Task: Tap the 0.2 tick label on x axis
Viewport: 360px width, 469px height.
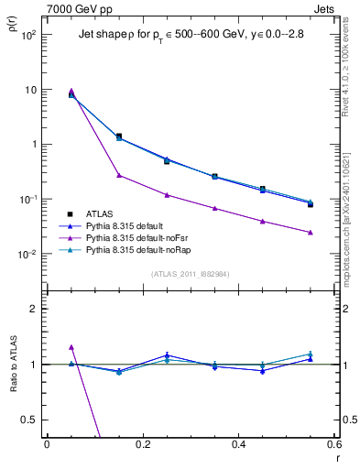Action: click(142, 444)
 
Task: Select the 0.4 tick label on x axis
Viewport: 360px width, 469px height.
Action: click(238, 444)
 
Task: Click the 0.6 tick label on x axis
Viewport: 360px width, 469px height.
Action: click(333, 444)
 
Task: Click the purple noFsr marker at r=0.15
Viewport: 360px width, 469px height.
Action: click(119, 175)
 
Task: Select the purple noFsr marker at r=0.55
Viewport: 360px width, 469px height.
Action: click(311, 233)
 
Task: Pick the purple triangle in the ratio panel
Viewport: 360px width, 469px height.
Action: click(71, 347)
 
